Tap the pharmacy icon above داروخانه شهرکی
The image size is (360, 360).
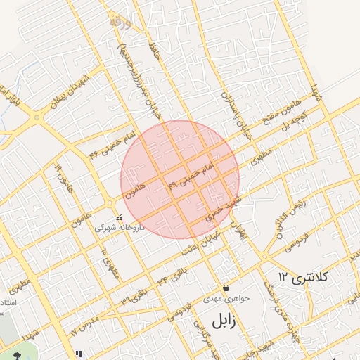[119, 218]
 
